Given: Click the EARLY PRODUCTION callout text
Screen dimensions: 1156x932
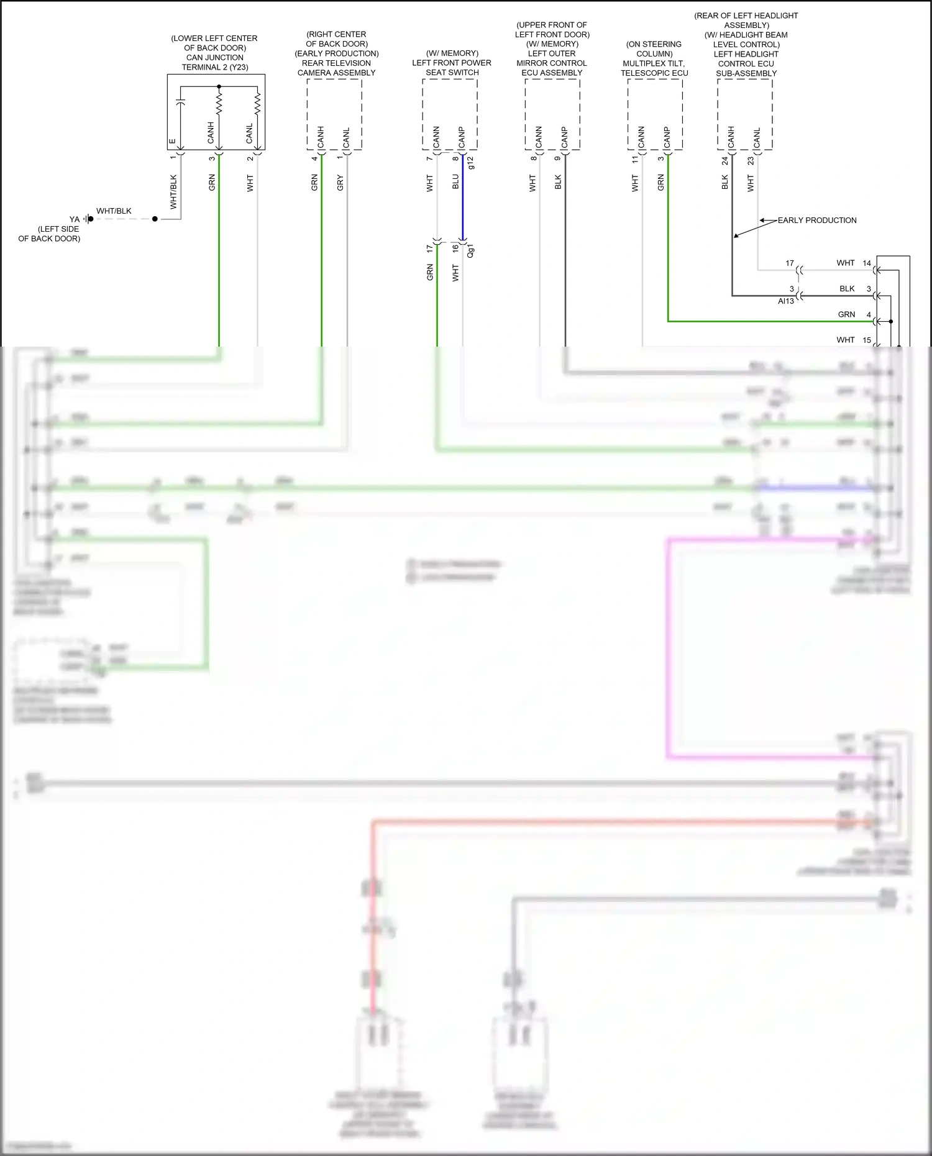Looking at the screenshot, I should point(816,221).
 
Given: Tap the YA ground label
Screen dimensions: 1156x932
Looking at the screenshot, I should point(75,219).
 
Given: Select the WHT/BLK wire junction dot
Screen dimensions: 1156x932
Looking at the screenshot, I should point(155,219).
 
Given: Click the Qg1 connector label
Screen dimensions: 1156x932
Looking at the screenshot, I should point(470,251).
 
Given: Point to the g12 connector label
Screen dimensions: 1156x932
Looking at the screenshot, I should point(470,163).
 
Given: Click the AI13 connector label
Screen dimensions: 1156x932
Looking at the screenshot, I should point(785,301).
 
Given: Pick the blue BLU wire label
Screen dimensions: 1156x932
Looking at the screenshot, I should point(455,182).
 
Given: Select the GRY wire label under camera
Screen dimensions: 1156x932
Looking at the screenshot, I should point(340,183).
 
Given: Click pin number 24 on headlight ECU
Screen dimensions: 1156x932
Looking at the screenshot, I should point(724,161).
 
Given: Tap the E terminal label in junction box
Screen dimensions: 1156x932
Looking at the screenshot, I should point(172,141).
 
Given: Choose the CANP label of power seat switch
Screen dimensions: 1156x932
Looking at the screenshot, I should point(462,138).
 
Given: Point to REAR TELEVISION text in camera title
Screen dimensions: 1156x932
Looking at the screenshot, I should point(336,63).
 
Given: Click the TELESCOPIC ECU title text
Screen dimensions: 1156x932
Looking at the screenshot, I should point(654,73).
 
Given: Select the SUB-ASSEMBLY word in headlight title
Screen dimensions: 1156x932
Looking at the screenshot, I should point(746,73).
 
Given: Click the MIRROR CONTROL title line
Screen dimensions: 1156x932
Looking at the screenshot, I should point(552,63).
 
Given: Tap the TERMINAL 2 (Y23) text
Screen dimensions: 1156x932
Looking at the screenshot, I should point(215,67).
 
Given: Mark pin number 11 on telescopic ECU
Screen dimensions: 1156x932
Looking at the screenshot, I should point(635,160).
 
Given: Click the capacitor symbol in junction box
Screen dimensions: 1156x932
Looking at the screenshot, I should point(180,102).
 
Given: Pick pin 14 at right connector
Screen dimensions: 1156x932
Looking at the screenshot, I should point(867,263).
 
